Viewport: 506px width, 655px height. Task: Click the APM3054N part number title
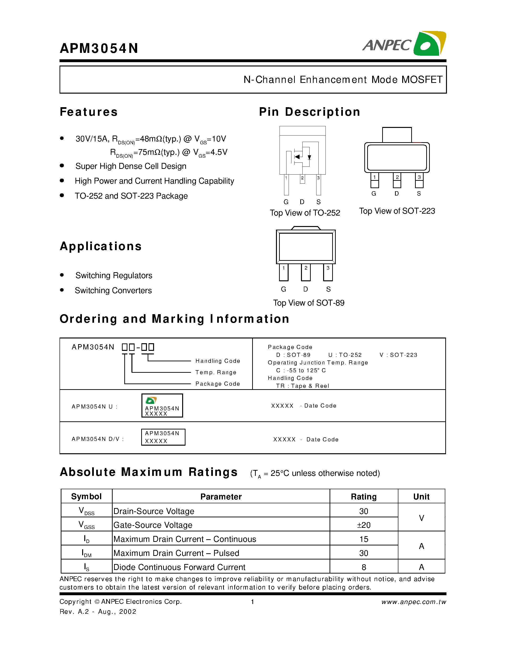[x=99, y=48]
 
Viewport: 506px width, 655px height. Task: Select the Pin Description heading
[x=309, y=112]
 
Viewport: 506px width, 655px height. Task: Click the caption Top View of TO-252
[x=305, y=213]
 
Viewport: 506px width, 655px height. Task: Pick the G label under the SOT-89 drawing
[x=283, y=289]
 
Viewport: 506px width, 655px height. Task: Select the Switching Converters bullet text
[x=113, y=291]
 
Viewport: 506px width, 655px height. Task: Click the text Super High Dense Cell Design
[x=131, y=166]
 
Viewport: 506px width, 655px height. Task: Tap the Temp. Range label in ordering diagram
[x=216, y=372]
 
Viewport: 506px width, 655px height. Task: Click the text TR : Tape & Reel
[x=302, y=386]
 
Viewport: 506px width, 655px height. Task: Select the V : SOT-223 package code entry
[x=398, y=355]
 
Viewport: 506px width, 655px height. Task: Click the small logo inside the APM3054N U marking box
[x=151, y=400]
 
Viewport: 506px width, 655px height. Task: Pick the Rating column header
[x=364, y=497]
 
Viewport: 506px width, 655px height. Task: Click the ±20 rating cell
[x=364, y=525]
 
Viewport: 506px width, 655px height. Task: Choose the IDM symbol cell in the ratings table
[x=86, y=553]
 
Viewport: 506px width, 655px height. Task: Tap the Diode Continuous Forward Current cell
[x=179, y=567]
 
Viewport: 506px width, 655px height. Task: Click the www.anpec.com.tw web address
[x=414, y=602]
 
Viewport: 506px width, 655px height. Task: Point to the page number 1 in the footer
[x=252, y=602]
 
